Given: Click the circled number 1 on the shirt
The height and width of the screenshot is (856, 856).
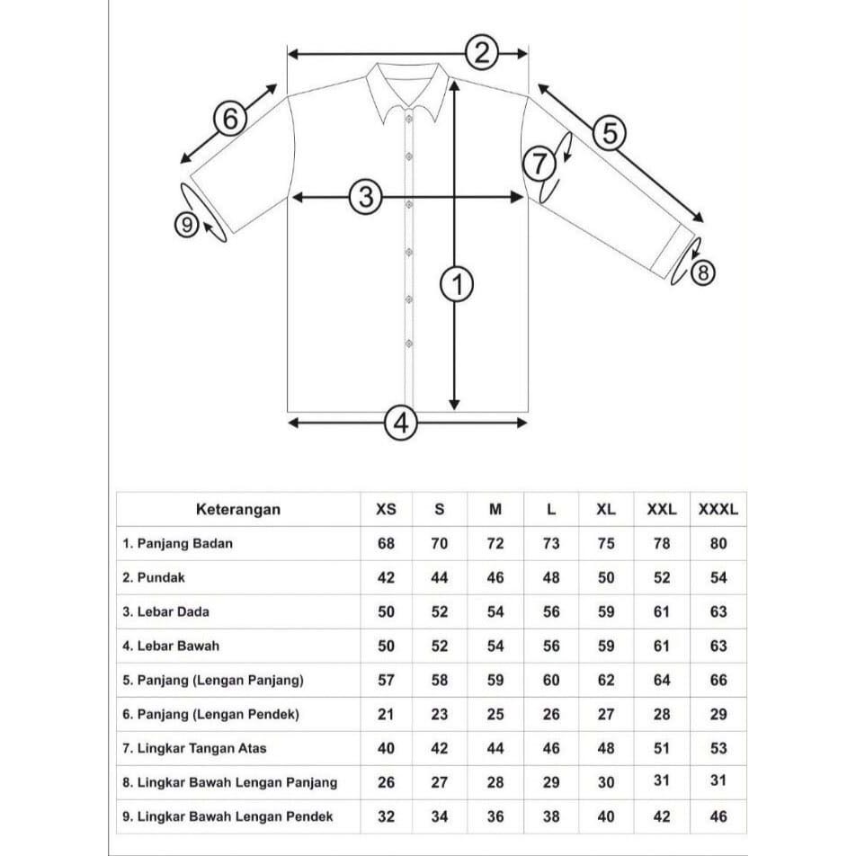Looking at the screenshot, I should pos(457,285).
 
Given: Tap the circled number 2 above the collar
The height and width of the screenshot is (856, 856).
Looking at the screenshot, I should pos(483,53).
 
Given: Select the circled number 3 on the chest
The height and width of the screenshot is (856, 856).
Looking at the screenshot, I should pos(365,197).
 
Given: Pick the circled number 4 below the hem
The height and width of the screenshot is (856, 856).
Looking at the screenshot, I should pos(402,422).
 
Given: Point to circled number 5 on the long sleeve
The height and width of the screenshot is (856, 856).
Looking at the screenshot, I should pos(610,133).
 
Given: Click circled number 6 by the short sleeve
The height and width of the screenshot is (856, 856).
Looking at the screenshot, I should pos(230,119).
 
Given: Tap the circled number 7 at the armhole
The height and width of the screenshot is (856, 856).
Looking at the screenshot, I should pos(539,164).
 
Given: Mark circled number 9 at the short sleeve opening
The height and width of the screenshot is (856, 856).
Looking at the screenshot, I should pos(186,224).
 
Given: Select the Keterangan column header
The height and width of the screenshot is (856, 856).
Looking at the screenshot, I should pos(238,510).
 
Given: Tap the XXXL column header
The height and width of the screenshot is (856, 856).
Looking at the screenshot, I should pos(718,510).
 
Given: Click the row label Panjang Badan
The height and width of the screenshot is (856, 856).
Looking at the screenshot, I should pos(178,544).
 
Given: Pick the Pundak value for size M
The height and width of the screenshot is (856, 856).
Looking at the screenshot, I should pos(495,578).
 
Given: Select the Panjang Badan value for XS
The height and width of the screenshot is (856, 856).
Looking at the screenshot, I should pos(386,544).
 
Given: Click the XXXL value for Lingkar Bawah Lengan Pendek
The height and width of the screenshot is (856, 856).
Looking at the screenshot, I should pos(718,816).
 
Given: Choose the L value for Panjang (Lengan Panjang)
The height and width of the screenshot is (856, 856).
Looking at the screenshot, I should pos(551,681).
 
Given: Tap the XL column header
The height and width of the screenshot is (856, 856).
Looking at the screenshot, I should pos(606,510).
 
